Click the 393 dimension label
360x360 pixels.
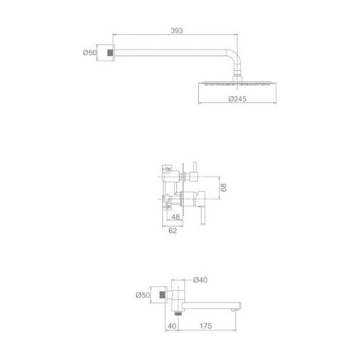click(177, 30)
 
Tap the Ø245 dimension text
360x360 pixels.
click(237, 99)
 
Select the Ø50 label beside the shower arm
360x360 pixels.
click(90, 52)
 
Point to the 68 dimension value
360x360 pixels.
click(223, 187)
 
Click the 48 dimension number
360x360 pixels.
click(176, 217)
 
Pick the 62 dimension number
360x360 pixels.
click(172, 231)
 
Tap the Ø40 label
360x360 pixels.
click(200, 280)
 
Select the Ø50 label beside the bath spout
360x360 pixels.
click(143, 295)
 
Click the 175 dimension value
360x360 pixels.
click(205, 326)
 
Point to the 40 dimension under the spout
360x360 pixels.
click(172, 326)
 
